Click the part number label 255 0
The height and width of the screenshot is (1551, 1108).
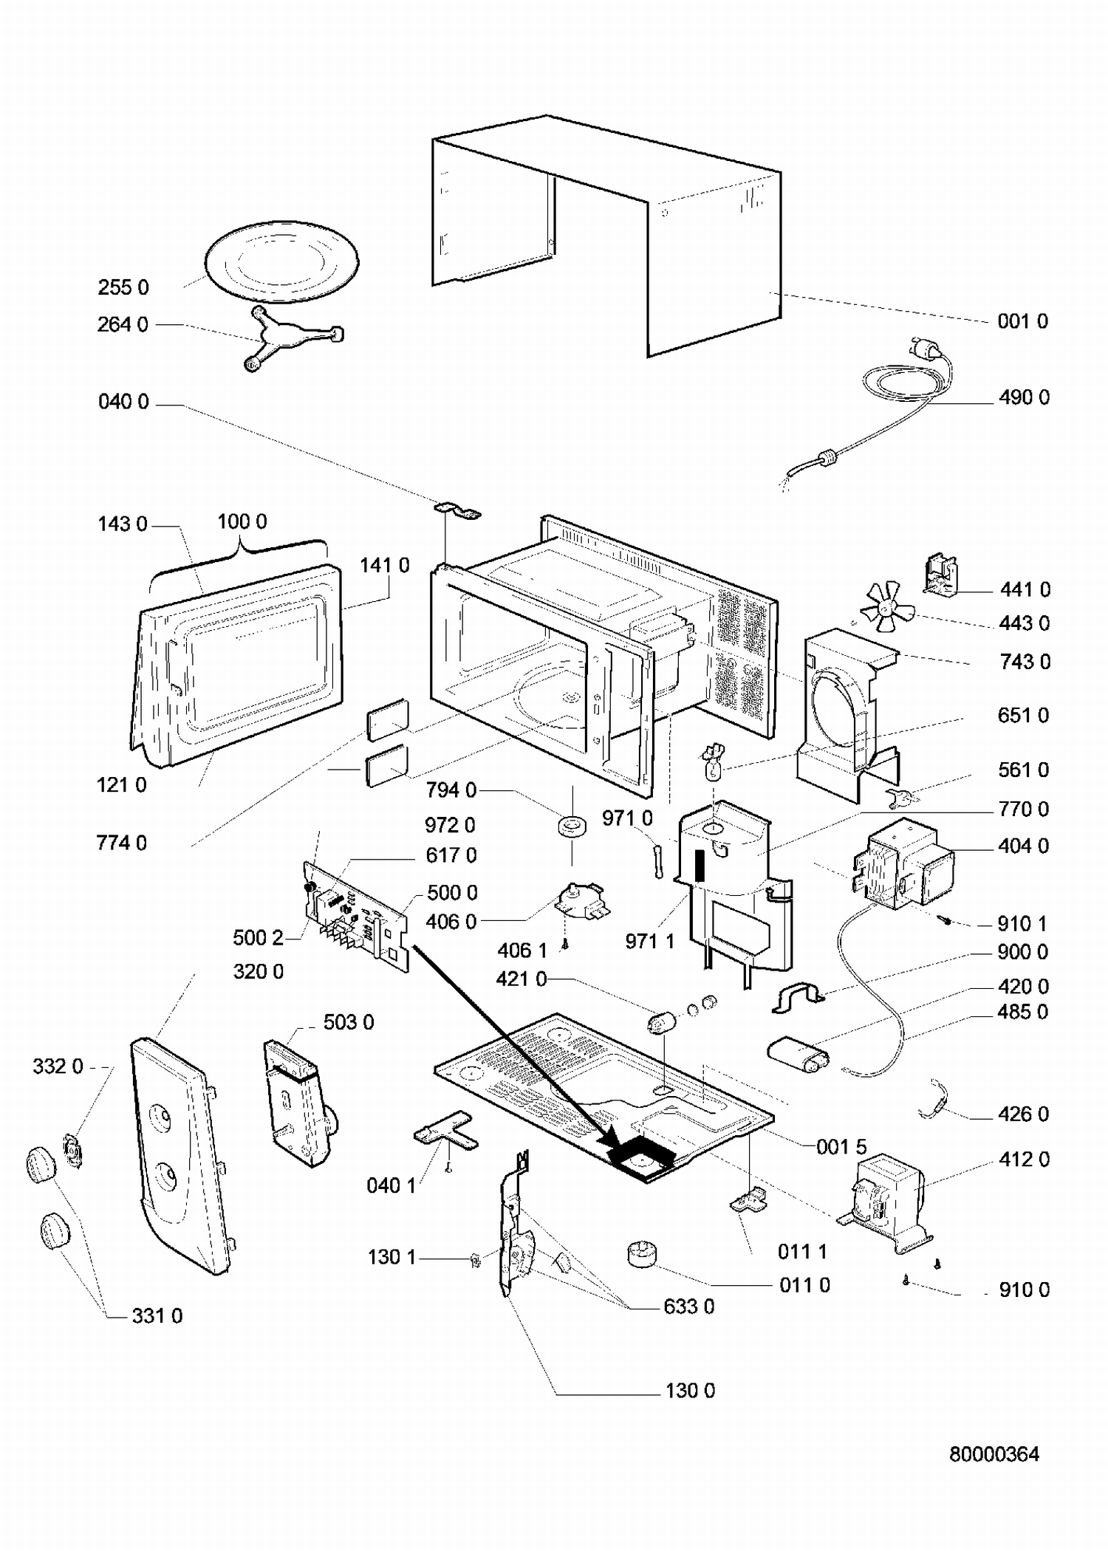pos(123,287)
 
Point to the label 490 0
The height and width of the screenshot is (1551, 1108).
pos(1024,397)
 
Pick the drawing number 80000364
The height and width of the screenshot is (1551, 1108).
pos(994,1454)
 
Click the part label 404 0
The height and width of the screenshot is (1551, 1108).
pos(1023,846)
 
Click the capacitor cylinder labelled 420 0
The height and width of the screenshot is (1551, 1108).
pos(799,1052)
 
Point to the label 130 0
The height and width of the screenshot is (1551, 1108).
pos(690,1391)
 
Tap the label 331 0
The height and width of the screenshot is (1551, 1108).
pos(157,1315)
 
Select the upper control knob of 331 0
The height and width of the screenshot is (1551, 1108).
pos(41,1165)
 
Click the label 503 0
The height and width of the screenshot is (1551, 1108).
pos(349,1022)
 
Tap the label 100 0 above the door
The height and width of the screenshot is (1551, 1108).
pos(242,521)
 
